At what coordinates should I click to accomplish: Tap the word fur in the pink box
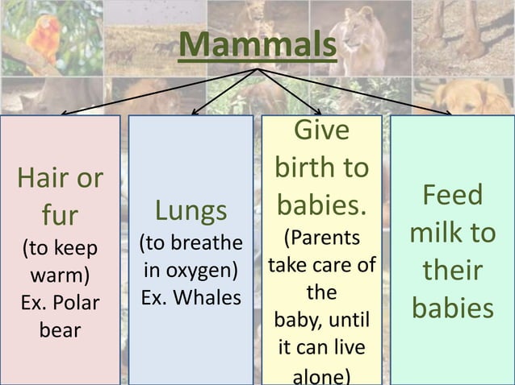pyautogui.click(x=61, y=215)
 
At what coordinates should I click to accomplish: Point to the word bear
pyautogui.click(x=61, y=330)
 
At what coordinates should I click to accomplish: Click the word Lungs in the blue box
pyautogui.click(x=191, y=211)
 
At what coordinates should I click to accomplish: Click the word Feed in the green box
pyautogui.click(x=453, y=196)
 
